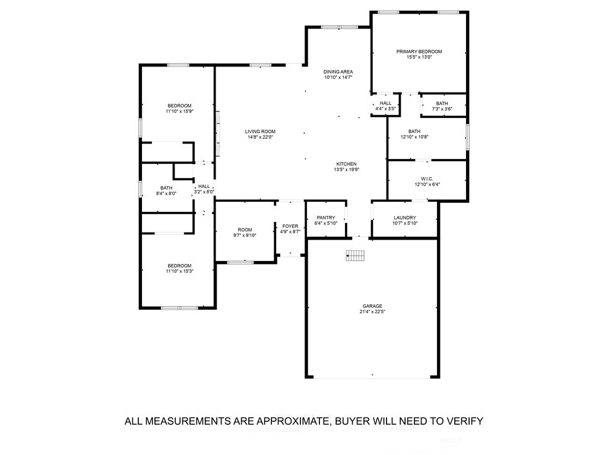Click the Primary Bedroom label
point(419,52)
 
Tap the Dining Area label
point(338,72)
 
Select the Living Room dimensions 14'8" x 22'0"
point(260,138)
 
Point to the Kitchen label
point(346,164)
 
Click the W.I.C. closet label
point(427,178)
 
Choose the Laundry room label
point(404,217)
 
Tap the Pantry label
point(326,217)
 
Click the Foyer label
point(290,226)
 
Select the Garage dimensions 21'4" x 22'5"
point(373,312)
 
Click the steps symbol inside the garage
point(355,255)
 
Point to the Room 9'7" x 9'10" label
point(245,230)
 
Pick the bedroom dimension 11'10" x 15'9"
point(179,112)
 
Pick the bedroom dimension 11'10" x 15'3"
point(179,271)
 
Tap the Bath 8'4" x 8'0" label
point(166,188)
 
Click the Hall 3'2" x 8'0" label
point(204,186)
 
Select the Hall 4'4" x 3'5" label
point(385,103)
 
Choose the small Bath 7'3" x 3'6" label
point(442,103)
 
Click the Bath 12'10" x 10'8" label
point(414,131)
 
